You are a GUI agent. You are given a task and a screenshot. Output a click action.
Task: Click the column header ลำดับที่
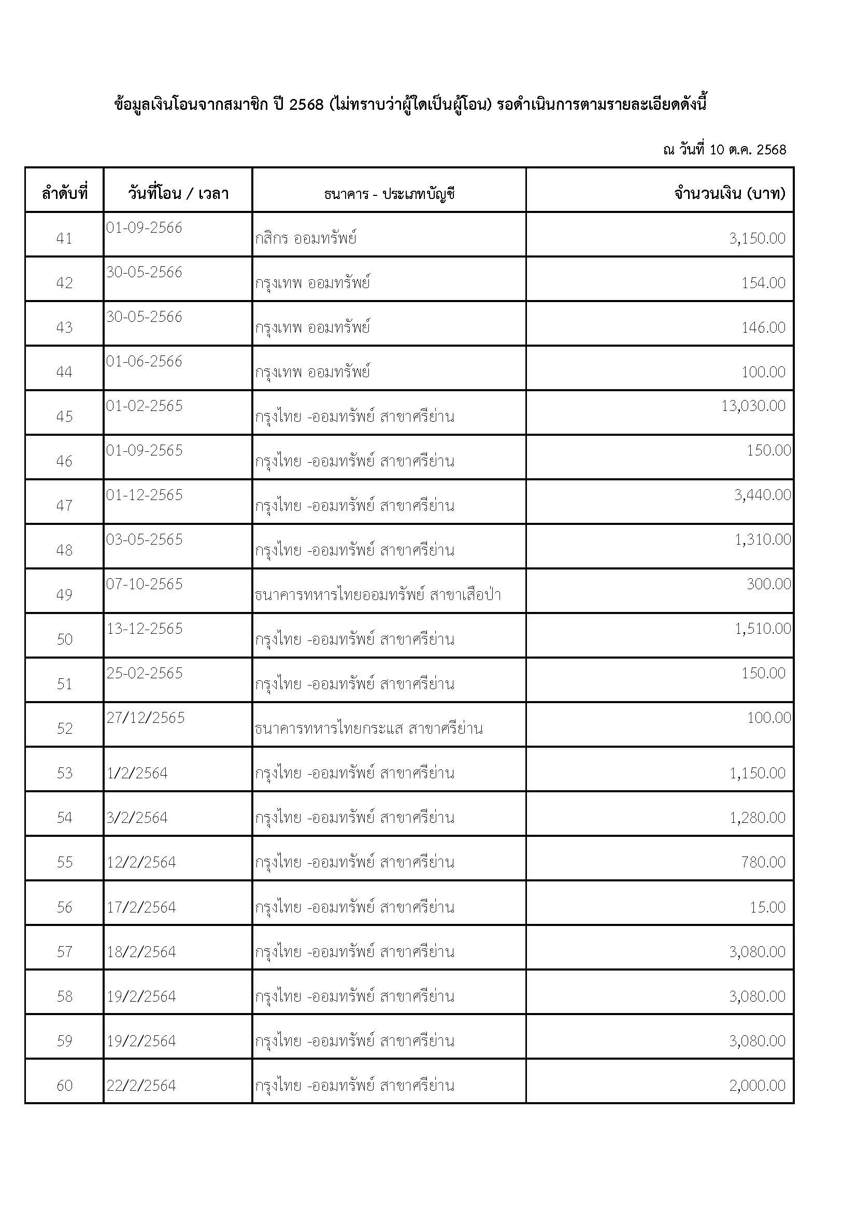64,193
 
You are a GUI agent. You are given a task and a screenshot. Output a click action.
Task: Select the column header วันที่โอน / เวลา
178,193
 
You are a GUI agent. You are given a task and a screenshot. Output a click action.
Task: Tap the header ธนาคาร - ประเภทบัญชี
389,194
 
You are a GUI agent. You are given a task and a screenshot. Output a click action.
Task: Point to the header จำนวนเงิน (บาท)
730,193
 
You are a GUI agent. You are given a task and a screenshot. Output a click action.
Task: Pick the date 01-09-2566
144,228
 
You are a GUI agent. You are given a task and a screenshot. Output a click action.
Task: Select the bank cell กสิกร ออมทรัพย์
306,238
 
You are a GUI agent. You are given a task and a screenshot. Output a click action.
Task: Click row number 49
64,595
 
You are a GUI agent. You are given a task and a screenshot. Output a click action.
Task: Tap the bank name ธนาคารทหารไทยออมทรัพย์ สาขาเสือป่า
377,595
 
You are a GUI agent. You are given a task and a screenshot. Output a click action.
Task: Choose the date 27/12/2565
146,718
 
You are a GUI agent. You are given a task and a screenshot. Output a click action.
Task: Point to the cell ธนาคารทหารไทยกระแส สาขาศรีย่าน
368,729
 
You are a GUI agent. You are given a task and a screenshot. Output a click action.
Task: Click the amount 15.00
767,907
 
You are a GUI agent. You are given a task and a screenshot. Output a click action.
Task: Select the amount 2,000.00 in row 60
758,1086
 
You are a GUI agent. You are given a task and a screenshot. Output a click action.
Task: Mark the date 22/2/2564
141,1086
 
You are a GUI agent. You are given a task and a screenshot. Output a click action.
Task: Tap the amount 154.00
763,283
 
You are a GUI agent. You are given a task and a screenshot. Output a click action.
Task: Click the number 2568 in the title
306,105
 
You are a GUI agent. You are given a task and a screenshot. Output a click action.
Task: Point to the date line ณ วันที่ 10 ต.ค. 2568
724,150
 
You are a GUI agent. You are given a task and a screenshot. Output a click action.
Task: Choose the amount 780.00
763,863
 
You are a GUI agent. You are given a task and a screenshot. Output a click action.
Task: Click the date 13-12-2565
145,629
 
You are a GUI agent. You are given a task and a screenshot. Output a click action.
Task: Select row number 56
64,907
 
